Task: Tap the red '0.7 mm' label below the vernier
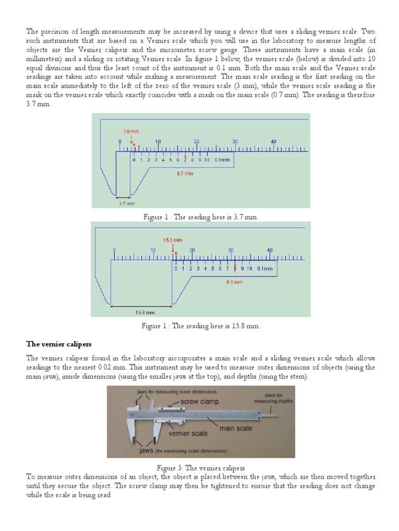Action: pyautogui.click(x=185, y=173)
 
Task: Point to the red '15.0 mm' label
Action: pyautogui.click(x=172, y=240)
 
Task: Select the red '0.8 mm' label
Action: pyautogui.click(x=235, y=282)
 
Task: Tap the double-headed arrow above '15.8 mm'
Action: pyautogui.click(x=141, y=306)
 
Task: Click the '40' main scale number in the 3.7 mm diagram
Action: pyautogui.click(x=273, y=141)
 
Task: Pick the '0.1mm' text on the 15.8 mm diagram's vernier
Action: pyautogui.click(x=264, y=268)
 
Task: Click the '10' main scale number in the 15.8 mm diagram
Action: pyautogui.click(x=153, y=250)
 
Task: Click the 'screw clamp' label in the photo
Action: pyautogui.click(x=200, y=401)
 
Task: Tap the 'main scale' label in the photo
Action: pyautogui.click(x=236, y=428)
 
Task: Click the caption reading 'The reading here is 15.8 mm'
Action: pyautogui.click(x=201, y=326)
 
